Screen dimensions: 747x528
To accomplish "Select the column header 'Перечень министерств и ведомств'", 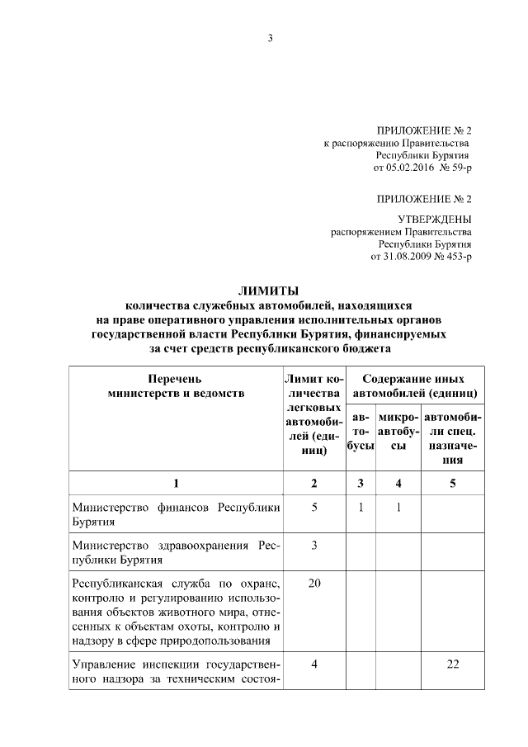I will pyautogui.click(x=176, y=386).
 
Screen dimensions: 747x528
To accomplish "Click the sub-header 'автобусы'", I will pyautogui.click(x=360, y=433).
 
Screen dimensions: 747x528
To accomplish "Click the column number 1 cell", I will pyautogui.click(x=176, y=483).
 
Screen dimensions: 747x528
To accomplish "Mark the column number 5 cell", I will pyautogui.click(x=452, y=483).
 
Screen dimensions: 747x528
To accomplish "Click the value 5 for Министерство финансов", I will pyautogui.click(x=314, y=508).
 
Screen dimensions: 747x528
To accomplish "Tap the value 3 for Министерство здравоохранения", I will pyautogui.click(x=314, y=546).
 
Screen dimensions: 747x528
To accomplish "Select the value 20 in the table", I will pyautogui.click(x=314, y=584).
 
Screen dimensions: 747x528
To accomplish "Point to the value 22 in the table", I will pyautogui.click(x=452, y=665).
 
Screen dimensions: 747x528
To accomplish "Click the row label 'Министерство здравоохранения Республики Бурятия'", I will pyautogui.click(x=176, y=552).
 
